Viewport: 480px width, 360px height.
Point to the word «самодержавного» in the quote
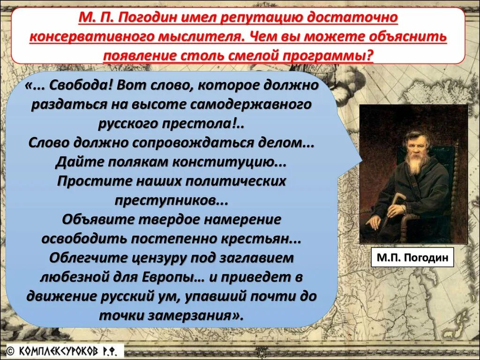[251, 104]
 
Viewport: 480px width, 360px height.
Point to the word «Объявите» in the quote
[98, 219]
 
